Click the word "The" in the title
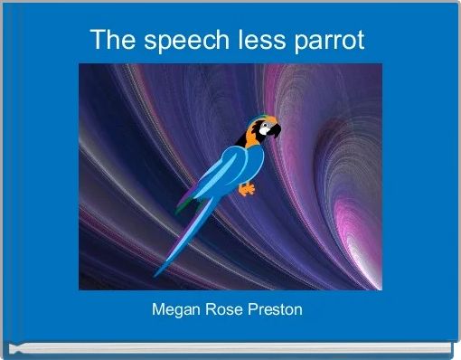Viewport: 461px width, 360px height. [x=109, y=41]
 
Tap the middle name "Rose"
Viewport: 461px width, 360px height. [x=223, y=310]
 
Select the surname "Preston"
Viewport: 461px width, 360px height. [x=277, y=310]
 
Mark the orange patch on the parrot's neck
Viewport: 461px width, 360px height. [x=246, y=139]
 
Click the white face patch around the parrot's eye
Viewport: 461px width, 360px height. [x=264, y=128]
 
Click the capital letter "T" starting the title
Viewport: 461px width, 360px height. [x=98, y=41]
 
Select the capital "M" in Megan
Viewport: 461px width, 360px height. [x=158, y=310]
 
